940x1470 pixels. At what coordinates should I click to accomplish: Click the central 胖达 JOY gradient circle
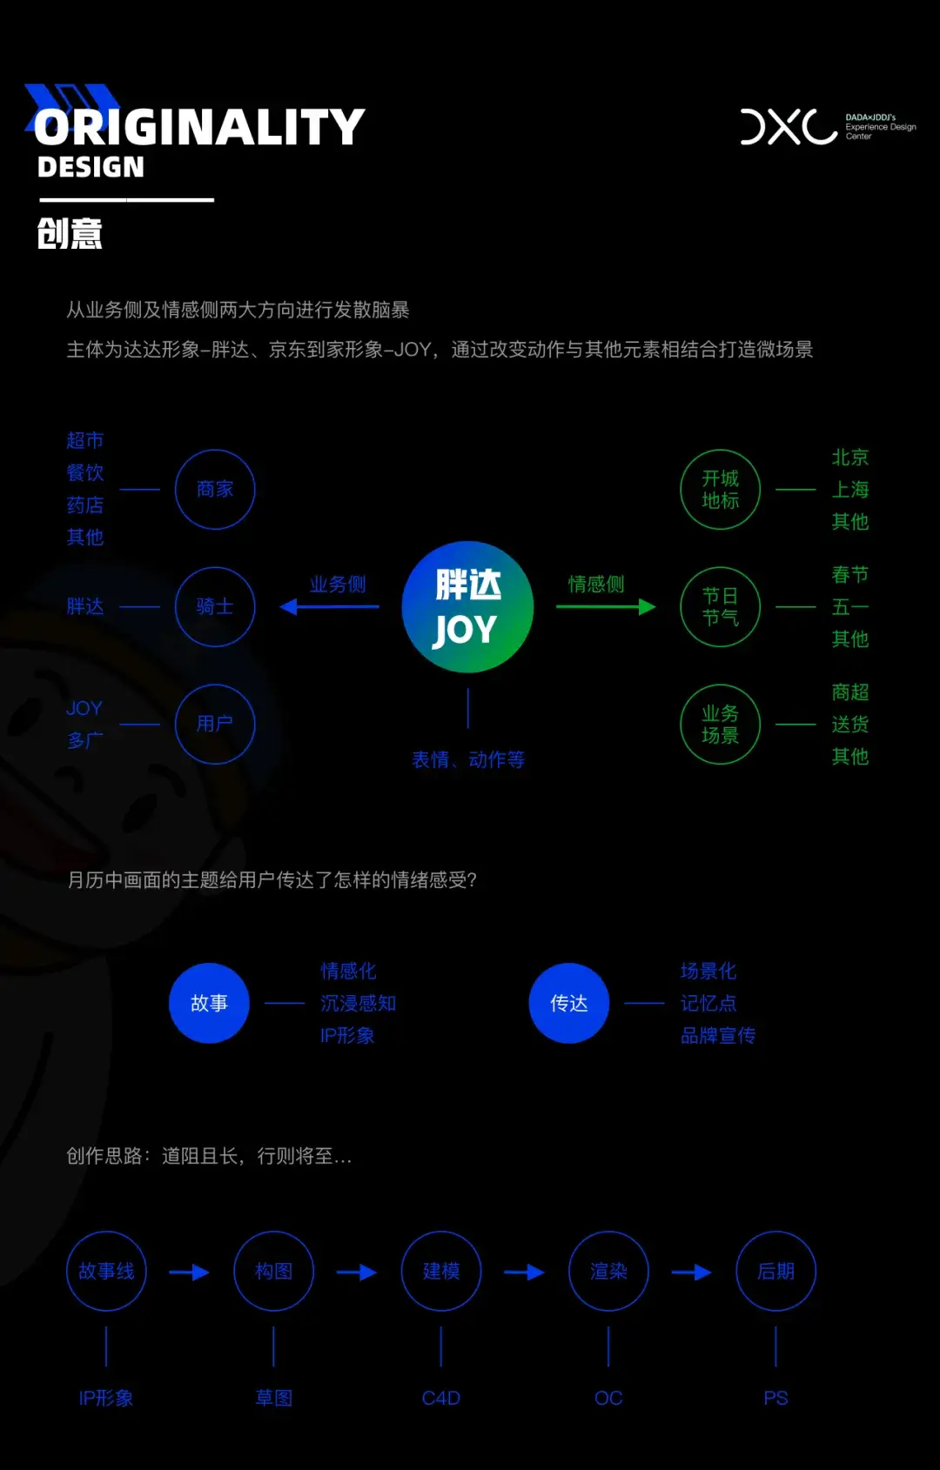click(x=467, y=607)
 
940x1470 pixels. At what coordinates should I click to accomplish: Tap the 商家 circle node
click(x=215, y=490)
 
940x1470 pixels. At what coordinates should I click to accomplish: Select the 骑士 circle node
click(x=215, y=607)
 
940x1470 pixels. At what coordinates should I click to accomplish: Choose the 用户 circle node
click(x=215, y=725)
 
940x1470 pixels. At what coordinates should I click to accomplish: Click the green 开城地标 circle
click(x=720, y=490)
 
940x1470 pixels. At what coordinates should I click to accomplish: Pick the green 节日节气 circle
click(x=720, y=607)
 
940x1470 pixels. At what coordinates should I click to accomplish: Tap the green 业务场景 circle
click(x=720, y=725)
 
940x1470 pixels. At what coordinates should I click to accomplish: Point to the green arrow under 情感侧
click(x=606, y=607)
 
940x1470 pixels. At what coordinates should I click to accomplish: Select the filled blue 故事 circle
click(x=209, y=1003)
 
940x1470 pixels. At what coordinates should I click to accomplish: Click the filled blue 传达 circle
click(x=568, y=1003)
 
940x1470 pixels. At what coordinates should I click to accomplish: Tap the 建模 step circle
click(x=441, y=1272)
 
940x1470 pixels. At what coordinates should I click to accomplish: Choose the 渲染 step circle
click(x=608, y=1272)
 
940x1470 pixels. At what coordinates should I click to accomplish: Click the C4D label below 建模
click(x=441, y=1398)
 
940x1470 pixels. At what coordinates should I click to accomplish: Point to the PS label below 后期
click(x=775, y=1398)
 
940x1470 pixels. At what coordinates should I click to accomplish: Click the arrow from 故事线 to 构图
click(x=189, y=1273)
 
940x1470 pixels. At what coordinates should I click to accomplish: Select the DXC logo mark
click(x=789, y=127)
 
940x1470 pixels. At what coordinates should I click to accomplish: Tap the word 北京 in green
click(x=849, y=458)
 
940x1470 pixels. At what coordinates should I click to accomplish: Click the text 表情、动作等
click(x=467, y=759)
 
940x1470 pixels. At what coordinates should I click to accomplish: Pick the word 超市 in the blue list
click(x=85, y=441)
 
